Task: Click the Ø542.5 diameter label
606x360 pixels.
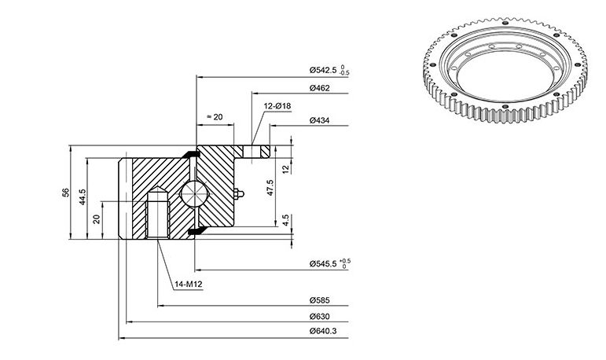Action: click(323, 70)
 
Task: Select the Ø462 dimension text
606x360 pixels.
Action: click(320, 88)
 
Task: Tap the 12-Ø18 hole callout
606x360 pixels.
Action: click(277, 106)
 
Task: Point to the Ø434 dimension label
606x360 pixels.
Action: click(320, 120)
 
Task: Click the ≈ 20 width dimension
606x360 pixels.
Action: click(215, 117)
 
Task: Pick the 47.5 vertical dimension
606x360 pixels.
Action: click(270, 188)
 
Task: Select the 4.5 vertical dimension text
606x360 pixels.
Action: click(285, 220)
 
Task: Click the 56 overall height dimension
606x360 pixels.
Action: click(66, 193)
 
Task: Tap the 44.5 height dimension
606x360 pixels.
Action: click(83, 197)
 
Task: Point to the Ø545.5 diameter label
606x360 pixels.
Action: click(323, 264)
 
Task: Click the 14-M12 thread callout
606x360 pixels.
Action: click(188, 285)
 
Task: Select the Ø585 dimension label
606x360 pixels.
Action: click(320, 300)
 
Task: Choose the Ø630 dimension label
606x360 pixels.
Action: click(320, 317)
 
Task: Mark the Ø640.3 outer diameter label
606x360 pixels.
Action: click(323, 332)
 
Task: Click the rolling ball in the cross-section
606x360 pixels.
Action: click(194, 193)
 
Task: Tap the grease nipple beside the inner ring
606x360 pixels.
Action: click(239, 193)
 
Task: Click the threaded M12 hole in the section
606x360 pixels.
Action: click(158, 213)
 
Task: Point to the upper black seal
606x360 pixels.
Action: click(191, 154)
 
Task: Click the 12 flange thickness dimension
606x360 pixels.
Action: click(285, 169)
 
